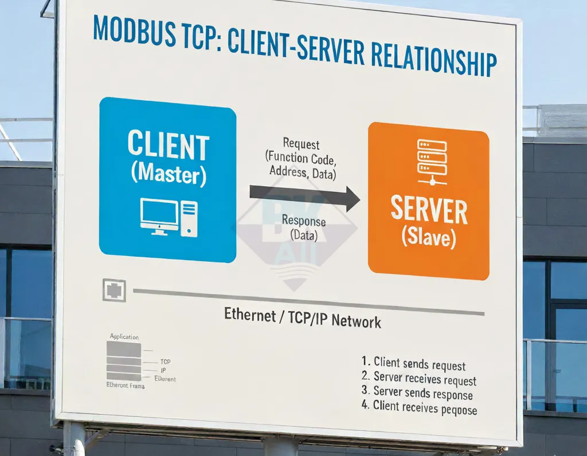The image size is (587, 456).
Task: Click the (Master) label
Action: (168, 173)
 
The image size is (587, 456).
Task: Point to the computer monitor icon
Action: (159, 216)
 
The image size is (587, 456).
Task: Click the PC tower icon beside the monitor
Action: (189, 219)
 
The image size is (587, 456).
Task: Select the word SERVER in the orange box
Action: (429, 211)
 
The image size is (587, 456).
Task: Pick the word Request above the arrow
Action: (301, 144)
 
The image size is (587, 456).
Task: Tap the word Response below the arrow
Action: (304, 221)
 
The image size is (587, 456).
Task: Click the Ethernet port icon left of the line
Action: (114, 290)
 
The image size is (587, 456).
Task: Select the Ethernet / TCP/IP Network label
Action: (302, 319)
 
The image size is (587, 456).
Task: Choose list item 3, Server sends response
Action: (417, 394)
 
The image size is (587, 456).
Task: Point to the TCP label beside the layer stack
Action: (165, 362)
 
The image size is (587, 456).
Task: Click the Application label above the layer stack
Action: (124, 337)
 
